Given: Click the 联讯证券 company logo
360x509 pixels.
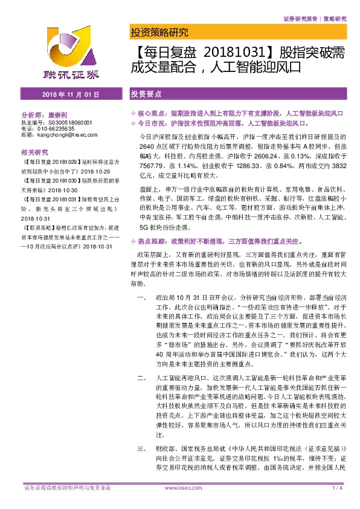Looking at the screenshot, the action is pos(72,55).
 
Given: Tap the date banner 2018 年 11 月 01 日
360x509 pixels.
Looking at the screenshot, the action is pos(71,95).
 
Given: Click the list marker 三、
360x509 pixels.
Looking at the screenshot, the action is pos(141,450).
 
